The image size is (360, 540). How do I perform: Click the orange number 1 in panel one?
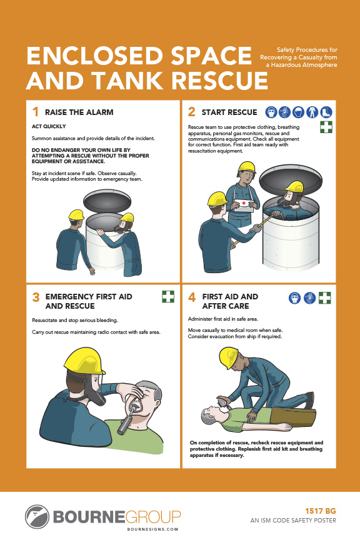[35, 112]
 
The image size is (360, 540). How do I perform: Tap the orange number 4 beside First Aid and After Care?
[192, 297]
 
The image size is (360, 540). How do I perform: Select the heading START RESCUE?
[229, 112]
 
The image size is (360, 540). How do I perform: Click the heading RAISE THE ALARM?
[79, 112]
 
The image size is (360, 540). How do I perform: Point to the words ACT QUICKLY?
[49, 126]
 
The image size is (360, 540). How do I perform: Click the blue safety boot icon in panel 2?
[326, 112]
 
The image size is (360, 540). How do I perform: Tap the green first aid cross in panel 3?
[168, 296]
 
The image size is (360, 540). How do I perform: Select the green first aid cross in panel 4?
[324, 298]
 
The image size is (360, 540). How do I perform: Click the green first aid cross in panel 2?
[326, 127]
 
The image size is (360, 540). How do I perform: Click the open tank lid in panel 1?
[107, 201]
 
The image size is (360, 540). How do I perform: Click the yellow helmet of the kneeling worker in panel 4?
[228, 357]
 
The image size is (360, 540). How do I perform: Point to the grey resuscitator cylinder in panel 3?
[126, 421]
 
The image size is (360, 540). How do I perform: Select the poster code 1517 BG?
[321, 511]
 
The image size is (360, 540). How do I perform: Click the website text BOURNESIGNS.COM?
[152, 529]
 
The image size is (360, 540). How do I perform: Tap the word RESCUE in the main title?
[219, 80]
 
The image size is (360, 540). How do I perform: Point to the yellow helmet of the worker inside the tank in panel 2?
[294, 187]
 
